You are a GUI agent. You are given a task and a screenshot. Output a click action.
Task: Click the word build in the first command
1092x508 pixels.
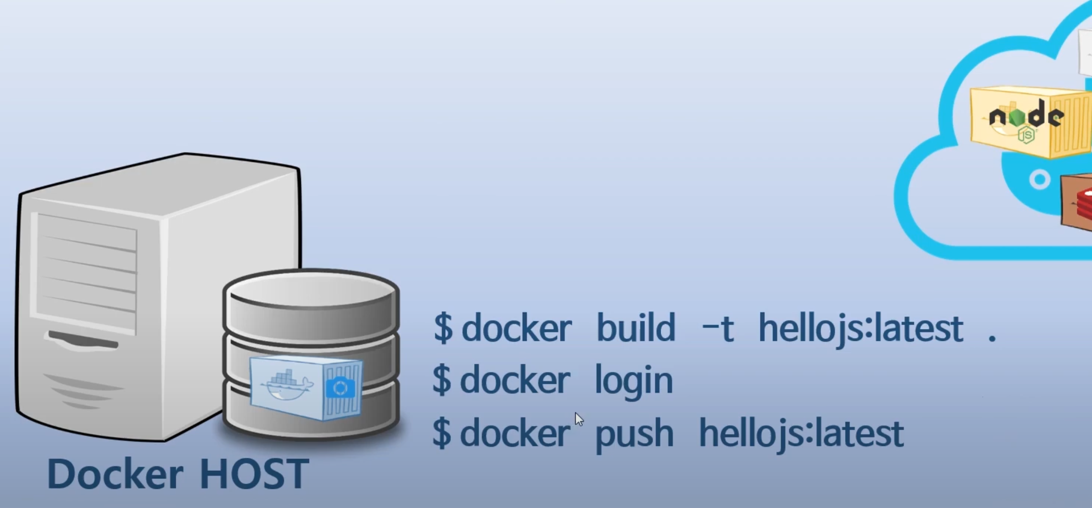(636, 328)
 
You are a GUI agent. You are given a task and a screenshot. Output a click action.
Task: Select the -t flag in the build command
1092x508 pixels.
(717, 328)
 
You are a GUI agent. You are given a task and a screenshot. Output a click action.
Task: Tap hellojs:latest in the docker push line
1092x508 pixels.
(801, 434)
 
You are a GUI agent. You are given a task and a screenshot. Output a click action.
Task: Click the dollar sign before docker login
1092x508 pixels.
(442, 380)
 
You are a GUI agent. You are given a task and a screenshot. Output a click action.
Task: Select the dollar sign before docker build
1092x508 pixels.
(443, 328)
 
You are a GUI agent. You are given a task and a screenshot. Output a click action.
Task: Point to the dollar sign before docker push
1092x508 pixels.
(442, 433)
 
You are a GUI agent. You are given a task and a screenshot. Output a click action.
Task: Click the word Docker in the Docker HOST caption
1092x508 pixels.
(115, 474)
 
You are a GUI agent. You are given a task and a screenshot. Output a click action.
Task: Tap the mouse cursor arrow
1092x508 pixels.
(578, 419)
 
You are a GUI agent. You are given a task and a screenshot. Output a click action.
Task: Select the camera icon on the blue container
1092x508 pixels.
(340, 388)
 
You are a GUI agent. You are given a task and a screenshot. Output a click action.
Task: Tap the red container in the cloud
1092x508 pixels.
(1077, 203)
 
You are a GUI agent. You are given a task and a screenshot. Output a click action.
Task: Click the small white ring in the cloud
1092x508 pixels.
(1039, 180)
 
